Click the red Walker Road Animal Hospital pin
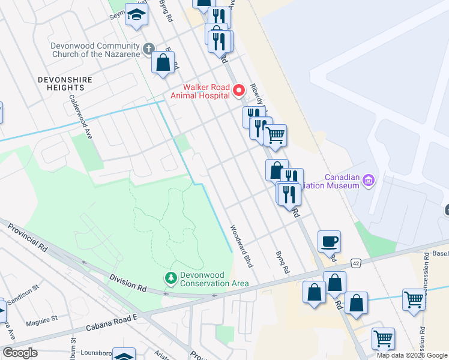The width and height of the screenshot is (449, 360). click(238, 91)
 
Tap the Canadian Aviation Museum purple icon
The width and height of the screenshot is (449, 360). click(369, 181)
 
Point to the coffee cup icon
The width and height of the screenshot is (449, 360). click(329, 242)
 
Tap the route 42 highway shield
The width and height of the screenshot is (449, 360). click(356, 262)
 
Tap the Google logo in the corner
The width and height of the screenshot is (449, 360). click(20, 353)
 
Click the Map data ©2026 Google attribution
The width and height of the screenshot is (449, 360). click(411, 355)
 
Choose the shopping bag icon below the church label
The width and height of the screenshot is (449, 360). click(163, 62)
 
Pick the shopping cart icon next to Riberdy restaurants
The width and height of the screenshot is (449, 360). click(275, 135)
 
